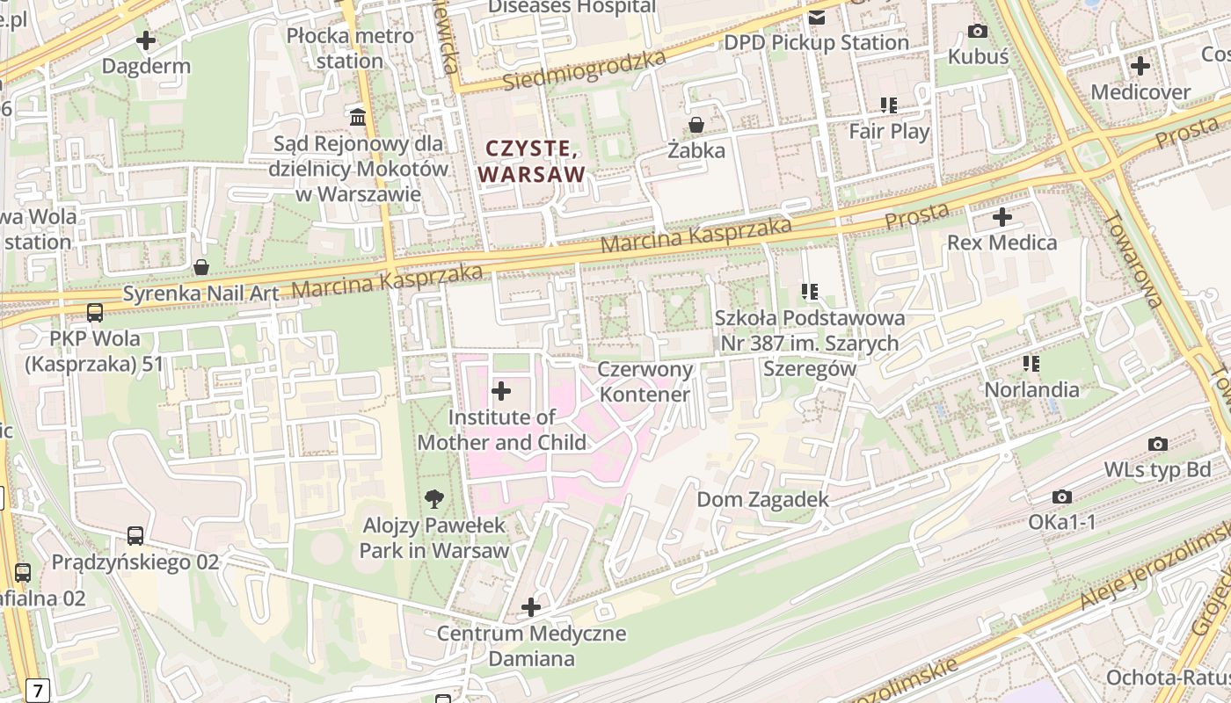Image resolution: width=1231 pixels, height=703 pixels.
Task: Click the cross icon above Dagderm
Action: click(x=146, y=40)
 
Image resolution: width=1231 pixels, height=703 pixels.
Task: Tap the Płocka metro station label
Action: click(x=350, y=48)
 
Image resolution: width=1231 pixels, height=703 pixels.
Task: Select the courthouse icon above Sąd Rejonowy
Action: click(x=358, y=116)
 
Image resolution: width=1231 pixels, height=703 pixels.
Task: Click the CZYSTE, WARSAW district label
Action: click(x=532, y=161)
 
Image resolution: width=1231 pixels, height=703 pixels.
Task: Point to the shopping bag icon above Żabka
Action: click(x=696, y=125)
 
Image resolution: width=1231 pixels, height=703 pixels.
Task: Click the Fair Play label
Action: click(x=889, y=131)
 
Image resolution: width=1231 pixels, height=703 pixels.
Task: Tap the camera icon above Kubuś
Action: click(x=977, y=32)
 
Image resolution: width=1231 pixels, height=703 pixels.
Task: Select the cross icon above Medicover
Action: click(x=1140, y=66)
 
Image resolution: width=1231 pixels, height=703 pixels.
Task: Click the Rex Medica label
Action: click(x=1002, y=243)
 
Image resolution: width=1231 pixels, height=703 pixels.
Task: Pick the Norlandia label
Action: click(x=1031, y=389)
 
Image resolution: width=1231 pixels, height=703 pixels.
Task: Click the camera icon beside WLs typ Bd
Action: click(x=1158, y=445)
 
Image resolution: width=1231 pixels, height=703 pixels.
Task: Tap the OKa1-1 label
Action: click(x=1062, y=522)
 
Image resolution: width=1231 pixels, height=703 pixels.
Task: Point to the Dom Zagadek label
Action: click(x=762, y=500)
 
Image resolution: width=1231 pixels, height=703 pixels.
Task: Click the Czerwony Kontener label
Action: click(x=645, y=381)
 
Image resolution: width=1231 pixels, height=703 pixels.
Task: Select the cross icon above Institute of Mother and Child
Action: click(x=501, y=391)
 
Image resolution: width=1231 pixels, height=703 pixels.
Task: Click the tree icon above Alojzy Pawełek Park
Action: click(x=433, y=499)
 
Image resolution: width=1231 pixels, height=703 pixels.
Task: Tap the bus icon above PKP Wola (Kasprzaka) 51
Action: click(x=95, y=313)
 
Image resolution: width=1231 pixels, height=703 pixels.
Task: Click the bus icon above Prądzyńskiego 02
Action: click(x=135, y=536)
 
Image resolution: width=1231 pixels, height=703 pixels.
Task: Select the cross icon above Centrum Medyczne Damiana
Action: click(x=531, y=607)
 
